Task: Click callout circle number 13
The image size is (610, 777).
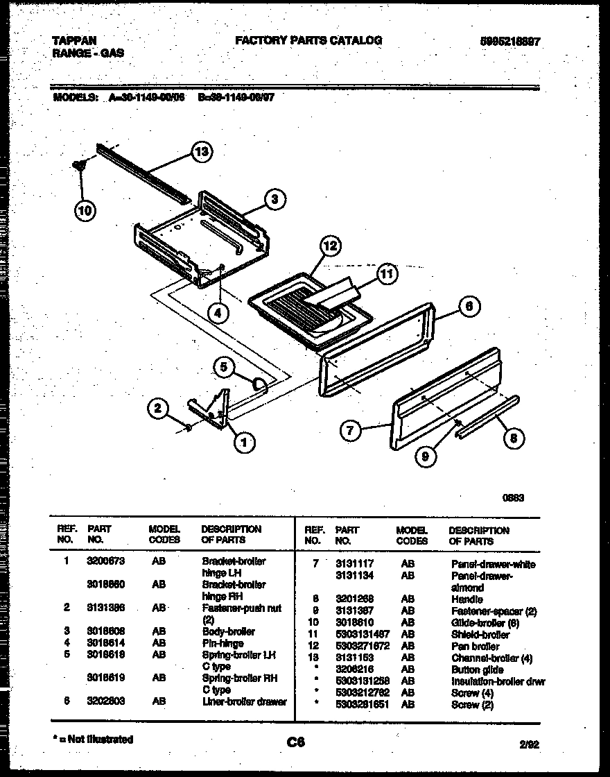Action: pos(202,153)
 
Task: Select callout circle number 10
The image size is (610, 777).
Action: pos(86,210)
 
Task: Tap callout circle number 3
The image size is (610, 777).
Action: pos(274,200)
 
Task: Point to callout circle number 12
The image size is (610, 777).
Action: pos(330,246)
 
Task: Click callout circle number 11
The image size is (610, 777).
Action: pos(386,275)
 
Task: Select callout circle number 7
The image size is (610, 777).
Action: pos(351,431)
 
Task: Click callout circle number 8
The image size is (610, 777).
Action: pos(513,437)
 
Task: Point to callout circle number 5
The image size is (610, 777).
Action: pos(223,368)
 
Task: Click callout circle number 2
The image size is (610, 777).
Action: pos(159,409)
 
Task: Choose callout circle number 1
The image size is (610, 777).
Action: pos(243,441)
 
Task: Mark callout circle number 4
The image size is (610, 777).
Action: pos(218,313)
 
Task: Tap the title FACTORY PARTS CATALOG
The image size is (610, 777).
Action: pos(308,41)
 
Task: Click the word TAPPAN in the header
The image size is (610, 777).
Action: pos(74,41)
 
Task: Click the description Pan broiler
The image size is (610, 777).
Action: pos(476,647)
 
